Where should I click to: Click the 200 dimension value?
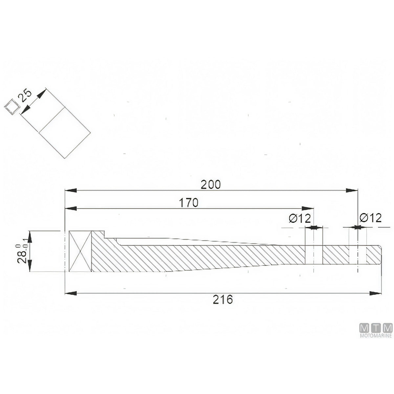point(210,185)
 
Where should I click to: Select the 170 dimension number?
point(188,203)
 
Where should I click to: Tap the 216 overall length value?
point(223,300)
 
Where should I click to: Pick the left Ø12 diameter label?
point(300,218)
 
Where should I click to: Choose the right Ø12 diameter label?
point(370,218)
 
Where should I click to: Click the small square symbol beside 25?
point(12,106)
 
